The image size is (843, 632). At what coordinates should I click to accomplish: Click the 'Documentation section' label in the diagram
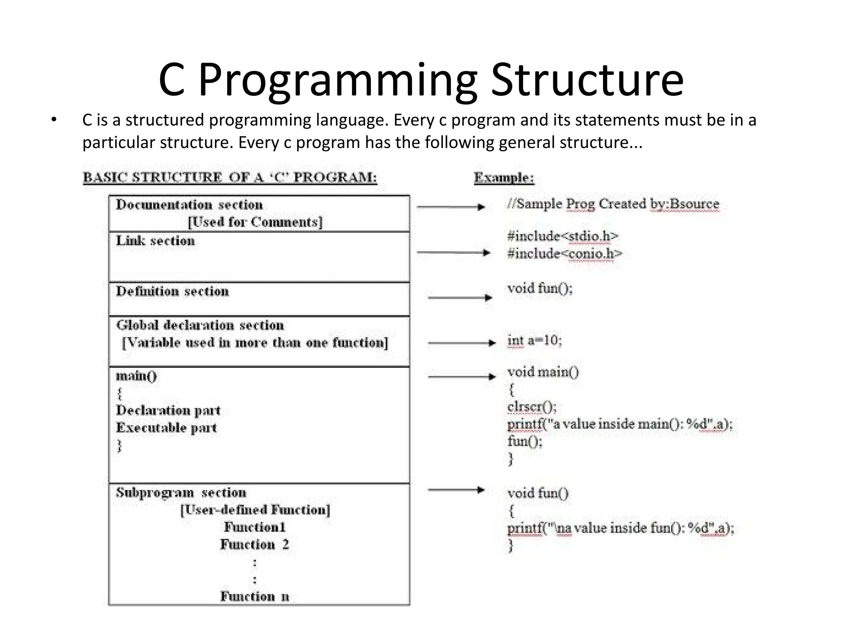click(x=189, y=205)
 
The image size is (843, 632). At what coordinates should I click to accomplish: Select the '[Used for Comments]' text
click(x=255, y=222)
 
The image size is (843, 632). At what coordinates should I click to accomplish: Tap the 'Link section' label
click(x=155, y=241)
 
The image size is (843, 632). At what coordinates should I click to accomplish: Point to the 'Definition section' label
click(x=172, y=291)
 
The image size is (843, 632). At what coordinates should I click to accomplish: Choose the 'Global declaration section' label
click(x=200, y=325)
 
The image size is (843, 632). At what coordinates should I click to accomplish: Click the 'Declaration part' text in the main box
click(x=168, y=410)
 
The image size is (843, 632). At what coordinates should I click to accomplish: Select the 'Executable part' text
click(x=166, y=428)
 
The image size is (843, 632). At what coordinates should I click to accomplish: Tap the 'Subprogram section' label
click(x=181, y=493)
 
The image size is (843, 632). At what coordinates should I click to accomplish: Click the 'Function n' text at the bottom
click(x=255, y=596)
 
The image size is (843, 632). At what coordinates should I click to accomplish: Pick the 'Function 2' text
click(x=255, y=544)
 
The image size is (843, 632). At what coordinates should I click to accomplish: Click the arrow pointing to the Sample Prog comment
click(x=451, y=207)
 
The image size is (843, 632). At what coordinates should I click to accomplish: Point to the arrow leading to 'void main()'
click(x=461, y=376)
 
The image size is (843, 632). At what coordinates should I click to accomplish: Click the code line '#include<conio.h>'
click(x=565, y=254)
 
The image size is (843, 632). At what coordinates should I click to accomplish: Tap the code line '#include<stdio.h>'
click(x=563, y=236)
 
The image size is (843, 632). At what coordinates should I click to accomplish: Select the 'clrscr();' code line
click(x=532, y=407)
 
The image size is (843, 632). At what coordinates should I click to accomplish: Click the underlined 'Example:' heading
click(x=504, y=178)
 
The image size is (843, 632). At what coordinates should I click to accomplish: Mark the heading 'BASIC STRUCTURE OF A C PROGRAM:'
click(x=230, y=177)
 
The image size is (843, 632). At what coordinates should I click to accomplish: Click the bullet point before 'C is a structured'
click(x=54, y=120)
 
